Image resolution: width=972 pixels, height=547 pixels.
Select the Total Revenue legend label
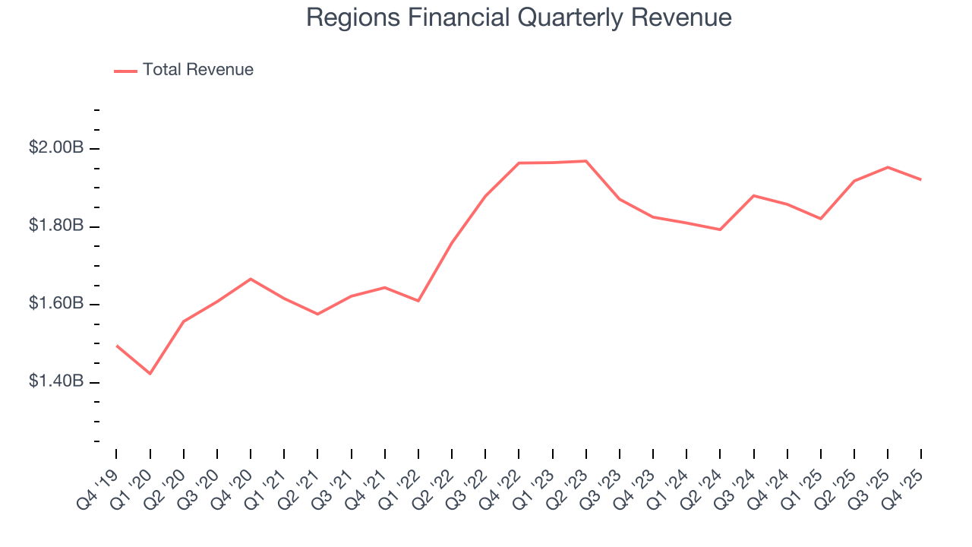[197, 70]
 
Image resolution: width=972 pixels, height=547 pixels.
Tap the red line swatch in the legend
[125, 71]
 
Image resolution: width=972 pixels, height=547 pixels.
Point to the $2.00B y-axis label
[56, 147]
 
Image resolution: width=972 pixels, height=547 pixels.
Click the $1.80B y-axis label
[56, 226]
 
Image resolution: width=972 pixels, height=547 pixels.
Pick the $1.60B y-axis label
[56, 304]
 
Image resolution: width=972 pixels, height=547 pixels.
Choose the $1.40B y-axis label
[56, 381]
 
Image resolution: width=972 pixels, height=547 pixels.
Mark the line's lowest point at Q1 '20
[150, 374]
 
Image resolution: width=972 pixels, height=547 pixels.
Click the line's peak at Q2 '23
[586, 161]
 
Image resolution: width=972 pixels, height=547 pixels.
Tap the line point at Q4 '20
[251, 279]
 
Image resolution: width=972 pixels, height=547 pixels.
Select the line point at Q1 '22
[418, 301]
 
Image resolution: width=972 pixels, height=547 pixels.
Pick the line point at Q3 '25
[888, 167]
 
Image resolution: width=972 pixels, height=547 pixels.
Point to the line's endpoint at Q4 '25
[921, 179]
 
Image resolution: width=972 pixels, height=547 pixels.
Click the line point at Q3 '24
[754, 195]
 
